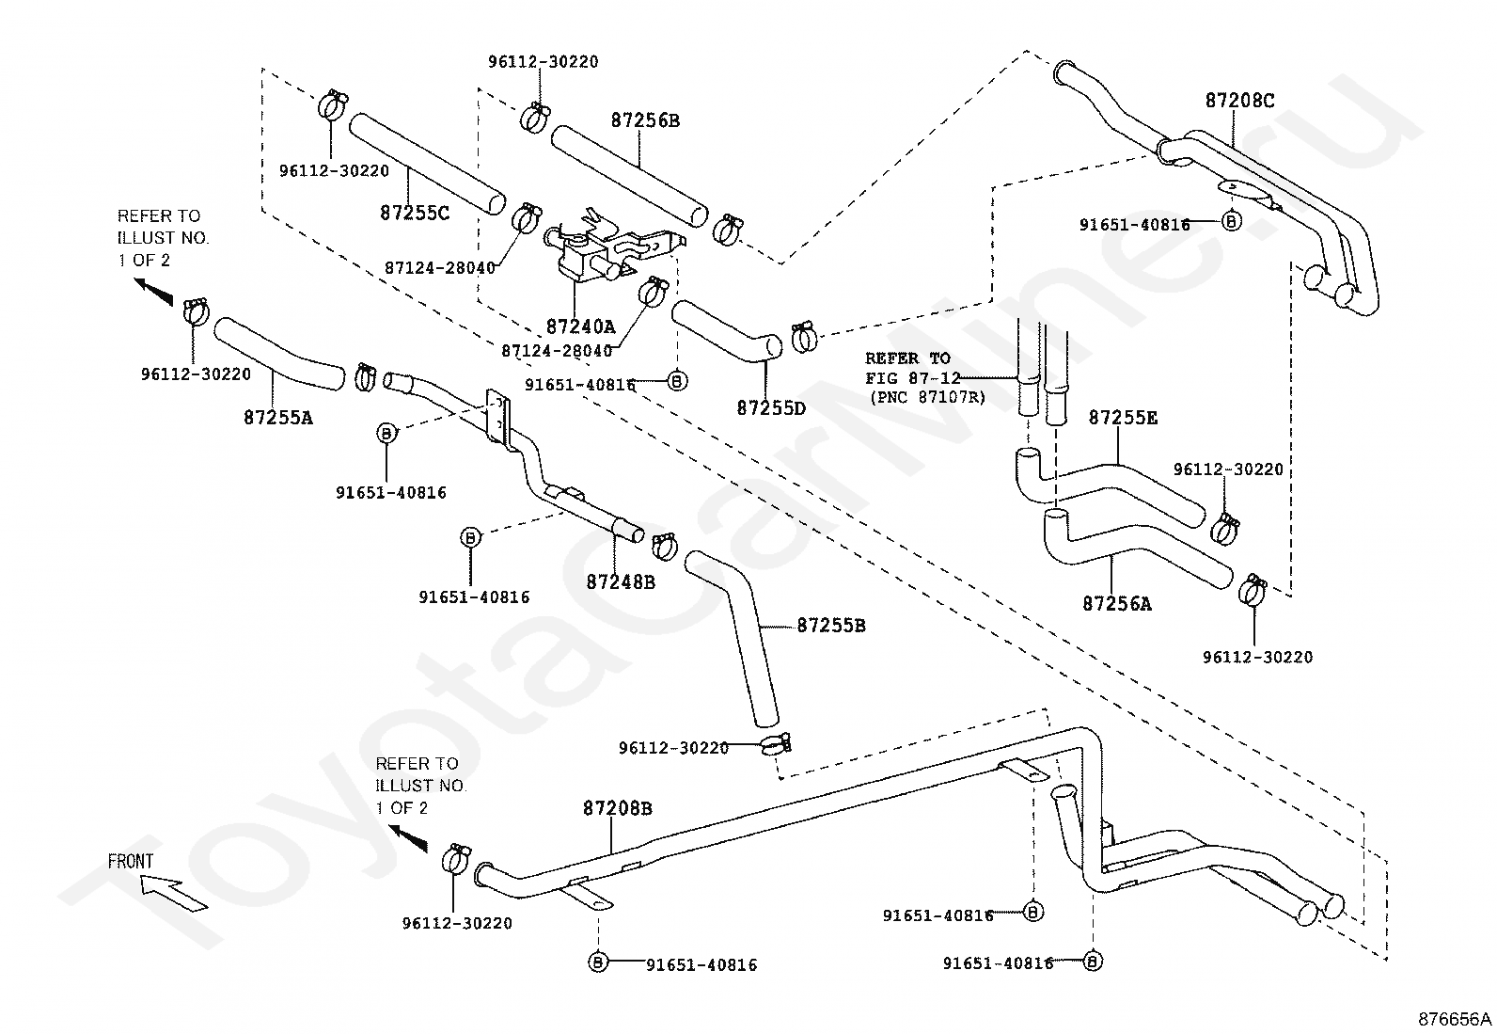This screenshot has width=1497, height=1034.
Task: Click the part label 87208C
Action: pos(1239,101)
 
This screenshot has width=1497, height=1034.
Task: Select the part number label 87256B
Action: pos(645,120)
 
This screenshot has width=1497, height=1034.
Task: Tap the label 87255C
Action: pos(415,213)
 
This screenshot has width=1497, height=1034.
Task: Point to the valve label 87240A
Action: pos(580,326)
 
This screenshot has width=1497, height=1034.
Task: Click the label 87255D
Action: pos(771,408)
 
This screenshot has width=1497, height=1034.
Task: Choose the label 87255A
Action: pos(278,418)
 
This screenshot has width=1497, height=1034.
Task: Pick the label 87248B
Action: pos(621,582)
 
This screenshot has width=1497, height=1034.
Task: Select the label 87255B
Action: pos(830,626)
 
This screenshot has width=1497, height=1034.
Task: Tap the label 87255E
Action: pos(1123,418)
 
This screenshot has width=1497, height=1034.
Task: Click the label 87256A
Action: pos(1117,604)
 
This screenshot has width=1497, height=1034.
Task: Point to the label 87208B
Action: pos(618,808)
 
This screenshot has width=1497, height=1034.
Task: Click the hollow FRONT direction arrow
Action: pos(174,893)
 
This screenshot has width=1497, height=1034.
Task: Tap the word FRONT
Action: pos(131,862)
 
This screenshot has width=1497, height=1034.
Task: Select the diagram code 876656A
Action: pos(1455,1019)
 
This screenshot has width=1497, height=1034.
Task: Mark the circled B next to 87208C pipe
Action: pos(1231,221)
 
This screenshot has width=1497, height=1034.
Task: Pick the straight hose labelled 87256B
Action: pos(629,175)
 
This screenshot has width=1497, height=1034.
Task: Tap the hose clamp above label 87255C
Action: pos(332,105)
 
